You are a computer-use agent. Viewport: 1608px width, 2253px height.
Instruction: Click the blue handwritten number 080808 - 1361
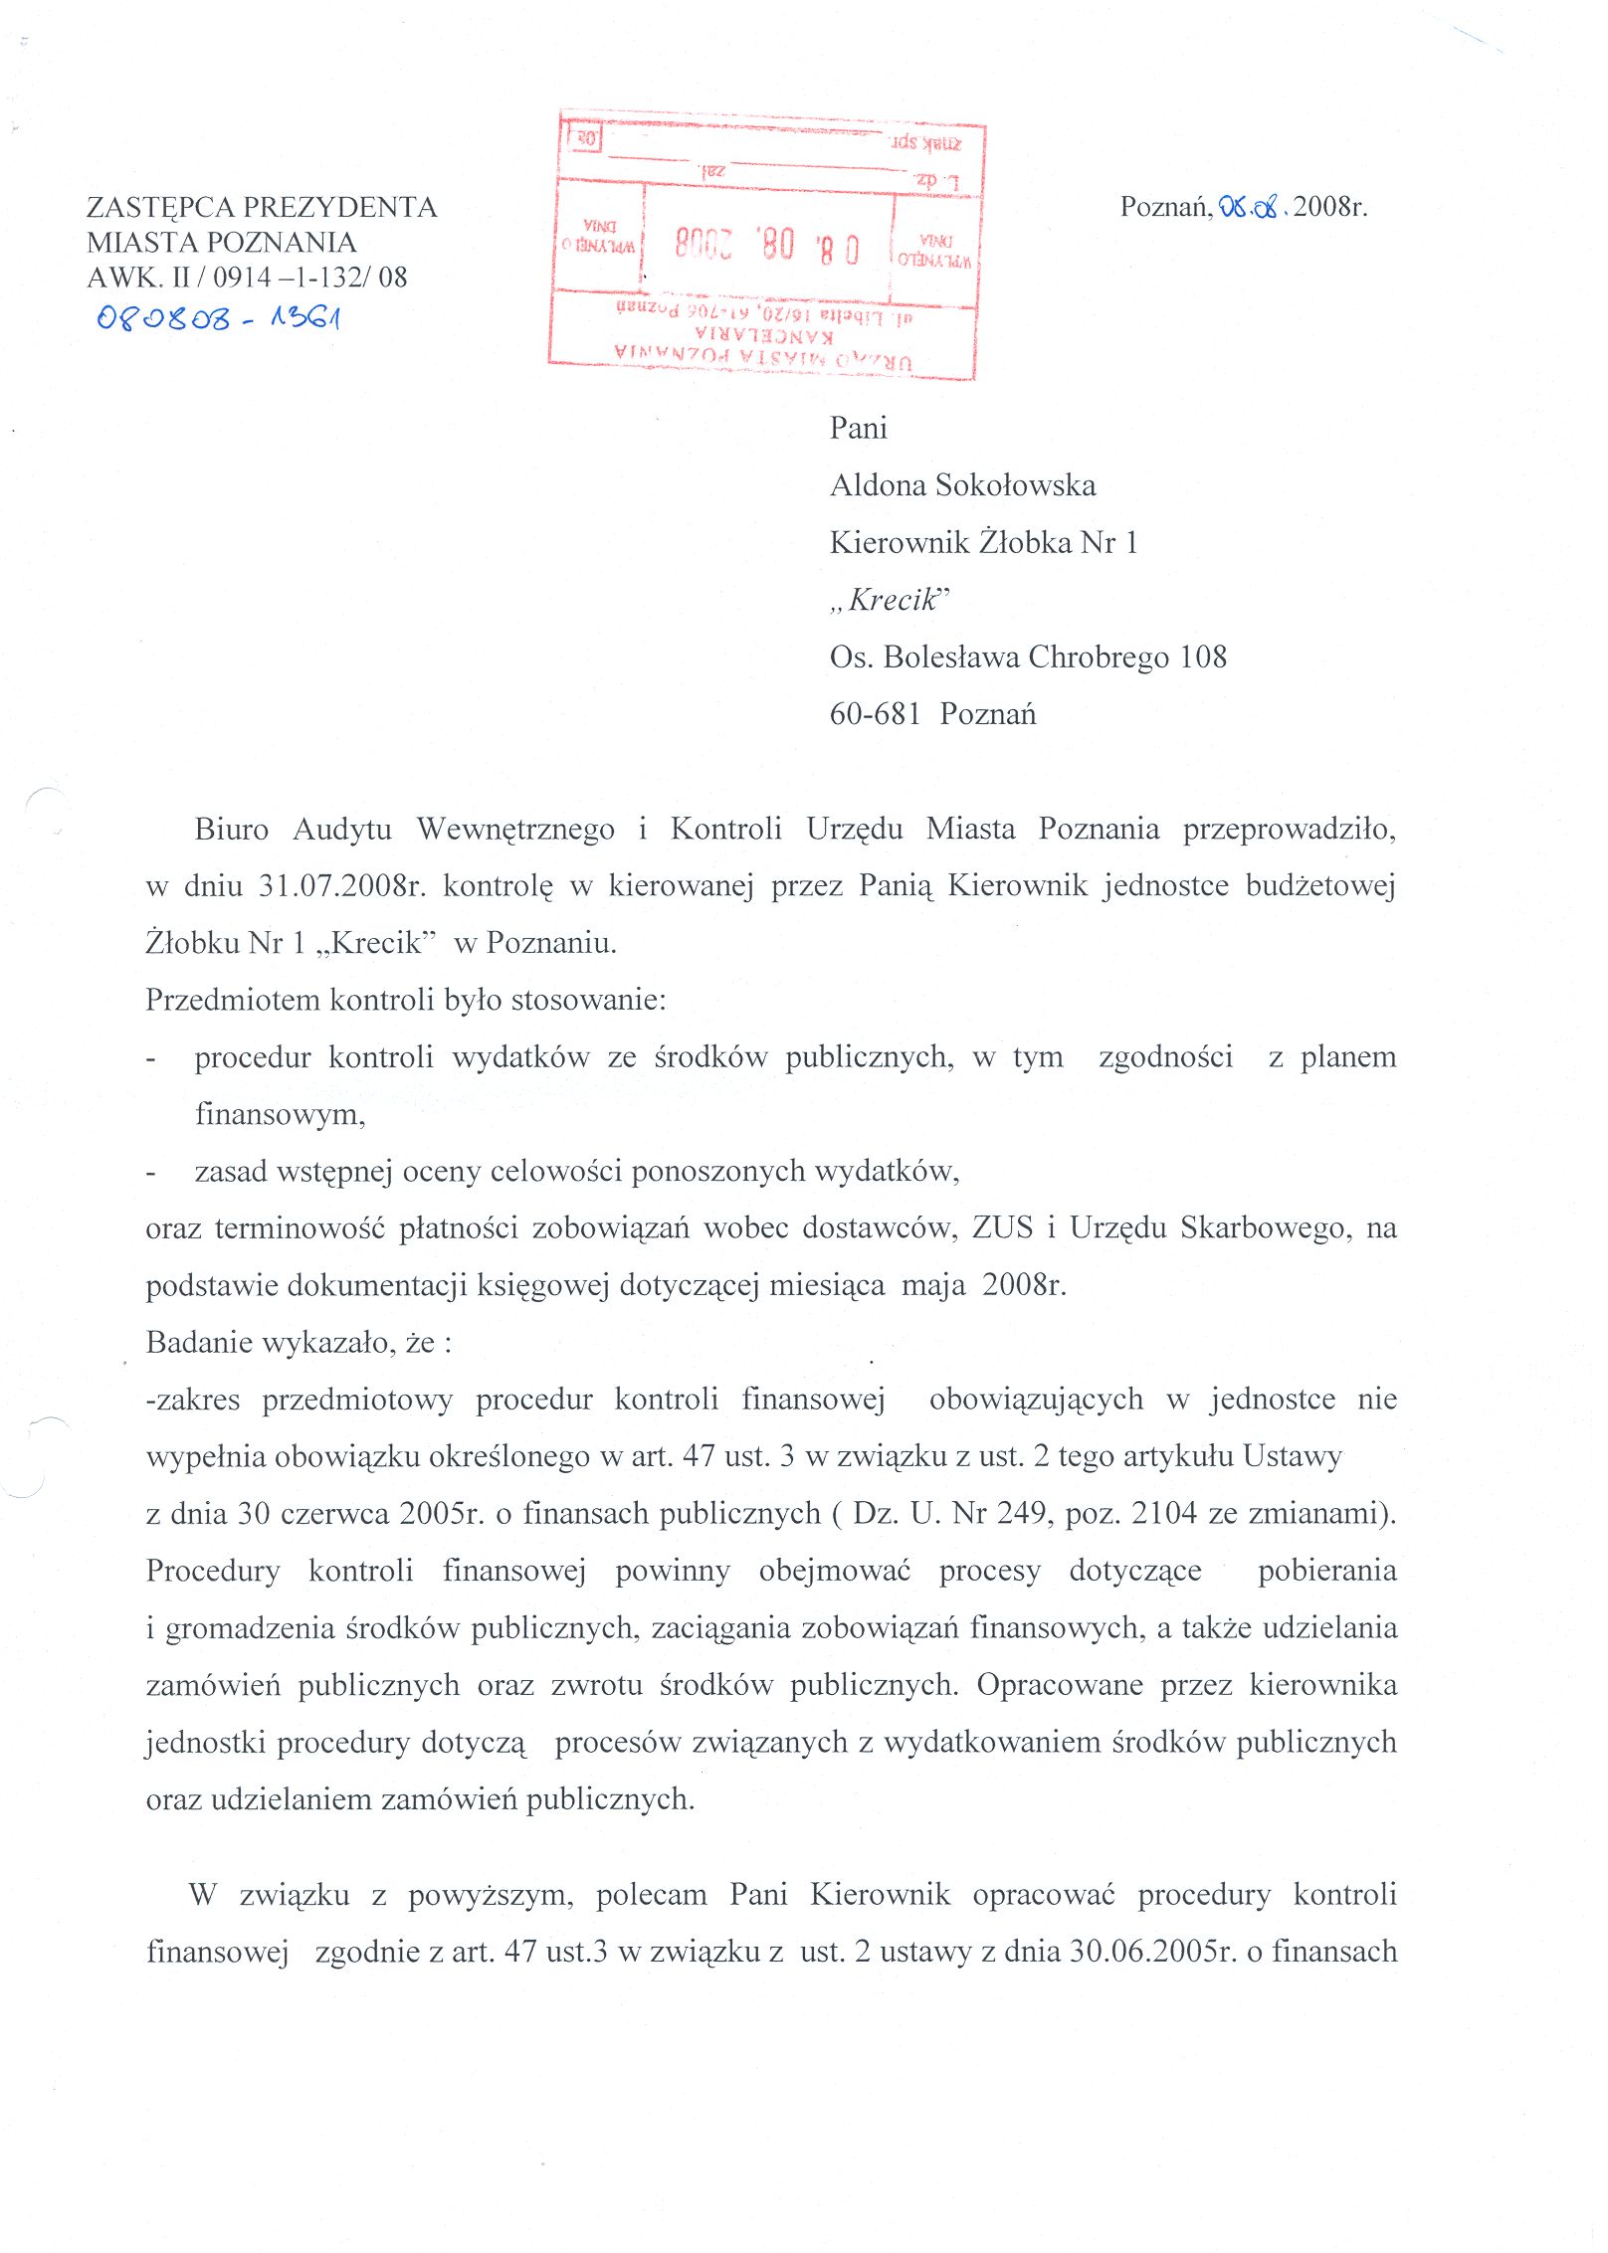219,318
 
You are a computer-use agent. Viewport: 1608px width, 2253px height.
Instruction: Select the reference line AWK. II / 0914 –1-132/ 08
247,278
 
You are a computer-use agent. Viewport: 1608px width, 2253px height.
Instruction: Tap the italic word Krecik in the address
892,600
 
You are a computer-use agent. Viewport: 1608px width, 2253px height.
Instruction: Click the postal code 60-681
875,714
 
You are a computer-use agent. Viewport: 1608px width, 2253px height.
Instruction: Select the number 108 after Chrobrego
1203,657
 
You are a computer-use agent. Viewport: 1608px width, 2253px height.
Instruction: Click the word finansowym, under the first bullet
280,1114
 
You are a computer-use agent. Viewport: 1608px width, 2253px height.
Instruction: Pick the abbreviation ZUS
1002,1228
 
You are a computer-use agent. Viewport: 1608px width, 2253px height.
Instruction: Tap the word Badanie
198,1343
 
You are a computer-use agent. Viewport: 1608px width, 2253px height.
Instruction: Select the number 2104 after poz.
1164,1514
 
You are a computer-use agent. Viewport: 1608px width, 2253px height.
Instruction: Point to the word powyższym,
491,1895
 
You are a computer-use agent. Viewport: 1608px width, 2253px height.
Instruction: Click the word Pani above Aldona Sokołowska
858,429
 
